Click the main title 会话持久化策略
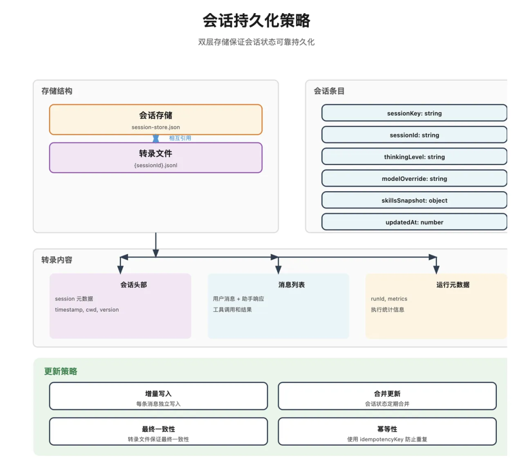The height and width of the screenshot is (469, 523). pos(256,21)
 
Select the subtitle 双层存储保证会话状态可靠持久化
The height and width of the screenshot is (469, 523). pos(256,42)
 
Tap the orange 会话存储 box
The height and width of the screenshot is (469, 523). pos(155,120)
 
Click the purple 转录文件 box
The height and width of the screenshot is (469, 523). pos(155,157)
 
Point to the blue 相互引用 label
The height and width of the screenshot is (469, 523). pos(180,138)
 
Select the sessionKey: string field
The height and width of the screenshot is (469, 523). pos(414,113)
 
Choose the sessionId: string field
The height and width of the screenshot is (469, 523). pos(414,135)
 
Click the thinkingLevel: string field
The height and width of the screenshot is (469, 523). pos(414,157)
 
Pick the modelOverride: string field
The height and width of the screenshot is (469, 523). pos(414,179)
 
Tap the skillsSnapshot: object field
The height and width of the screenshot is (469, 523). pos(414,200)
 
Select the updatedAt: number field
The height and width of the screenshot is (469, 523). pos(414,222)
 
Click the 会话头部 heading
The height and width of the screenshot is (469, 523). pos(134,285)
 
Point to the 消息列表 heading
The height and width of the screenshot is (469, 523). pos(292,285)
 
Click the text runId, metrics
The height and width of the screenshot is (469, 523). pos(389,299)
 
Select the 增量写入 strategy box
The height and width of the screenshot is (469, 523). pos(158,396)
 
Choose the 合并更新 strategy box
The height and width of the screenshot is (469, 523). pos(387,396)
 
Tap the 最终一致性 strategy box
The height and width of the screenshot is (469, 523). pos(158,432)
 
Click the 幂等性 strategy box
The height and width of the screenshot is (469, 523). pos(387,432)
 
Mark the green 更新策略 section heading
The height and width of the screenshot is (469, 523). pos(61,371)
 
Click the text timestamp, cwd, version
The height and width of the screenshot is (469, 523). pos(87,310)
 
